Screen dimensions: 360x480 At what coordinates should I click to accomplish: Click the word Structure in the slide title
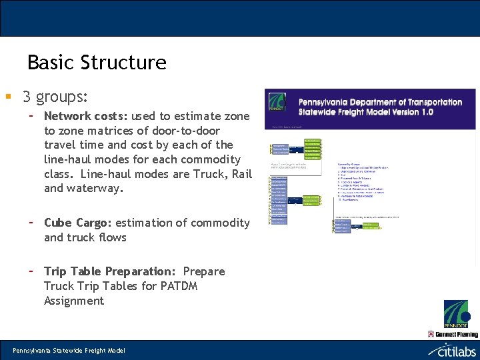(x=123, y=63)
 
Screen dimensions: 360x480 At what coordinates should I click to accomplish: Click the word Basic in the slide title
(x=51, y=63)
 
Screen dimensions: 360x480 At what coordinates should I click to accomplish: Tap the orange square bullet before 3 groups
(x=7, y=98)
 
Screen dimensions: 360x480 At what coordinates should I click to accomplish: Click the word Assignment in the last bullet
(x=74, y=301)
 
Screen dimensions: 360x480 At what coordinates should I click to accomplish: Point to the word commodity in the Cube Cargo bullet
(x=221, y=223)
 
